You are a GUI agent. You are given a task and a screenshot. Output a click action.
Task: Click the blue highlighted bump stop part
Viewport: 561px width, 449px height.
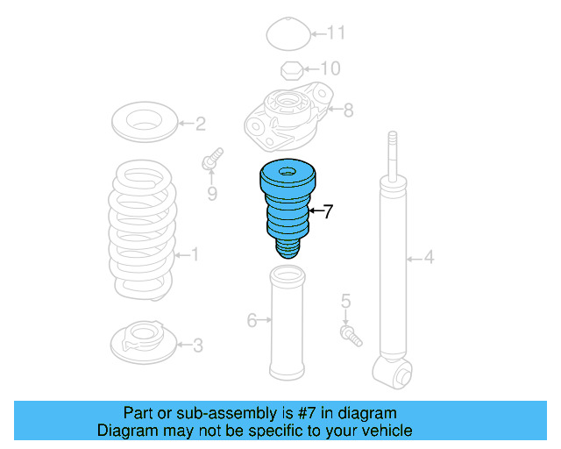288,206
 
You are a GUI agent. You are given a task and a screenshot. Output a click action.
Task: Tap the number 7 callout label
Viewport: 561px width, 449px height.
328,211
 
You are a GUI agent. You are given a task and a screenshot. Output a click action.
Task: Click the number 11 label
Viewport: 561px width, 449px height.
337,34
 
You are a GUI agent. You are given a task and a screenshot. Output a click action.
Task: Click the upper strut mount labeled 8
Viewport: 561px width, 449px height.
288,118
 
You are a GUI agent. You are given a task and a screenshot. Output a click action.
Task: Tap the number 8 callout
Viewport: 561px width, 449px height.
348,110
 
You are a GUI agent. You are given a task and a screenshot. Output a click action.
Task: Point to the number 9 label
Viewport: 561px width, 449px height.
211,193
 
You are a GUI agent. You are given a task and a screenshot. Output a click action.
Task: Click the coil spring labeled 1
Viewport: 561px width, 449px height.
141,228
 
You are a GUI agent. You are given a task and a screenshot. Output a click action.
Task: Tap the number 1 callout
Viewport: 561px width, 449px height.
194,255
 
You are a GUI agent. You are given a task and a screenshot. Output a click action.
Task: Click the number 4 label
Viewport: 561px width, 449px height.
429,257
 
